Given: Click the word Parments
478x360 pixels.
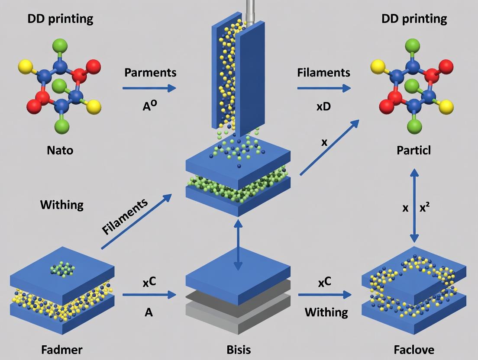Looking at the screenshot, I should click(150, 72).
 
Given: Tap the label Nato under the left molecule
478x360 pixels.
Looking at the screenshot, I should click(60, 151).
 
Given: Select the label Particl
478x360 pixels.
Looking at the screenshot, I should click(415, 151).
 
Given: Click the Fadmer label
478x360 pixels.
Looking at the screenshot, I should click(61, 349).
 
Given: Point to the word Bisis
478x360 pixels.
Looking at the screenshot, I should click(238, 349).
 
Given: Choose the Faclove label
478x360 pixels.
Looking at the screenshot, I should click(414, 349).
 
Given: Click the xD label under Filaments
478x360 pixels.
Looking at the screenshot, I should click(323, 106).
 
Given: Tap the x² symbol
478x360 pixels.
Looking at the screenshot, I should click(425, 208).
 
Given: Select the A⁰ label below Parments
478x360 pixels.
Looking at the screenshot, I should click(150, 106).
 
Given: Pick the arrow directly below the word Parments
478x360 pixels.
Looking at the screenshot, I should click(149, 88).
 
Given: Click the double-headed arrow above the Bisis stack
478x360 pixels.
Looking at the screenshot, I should click(238, 244).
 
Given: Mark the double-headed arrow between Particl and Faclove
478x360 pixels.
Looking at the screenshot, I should click(414, 206).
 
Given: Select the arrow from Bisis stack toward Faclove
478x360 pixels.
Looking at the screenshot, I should click(324, 295).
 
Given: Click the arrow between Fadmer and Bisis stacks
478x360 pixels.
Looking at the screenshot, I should click(149, 295).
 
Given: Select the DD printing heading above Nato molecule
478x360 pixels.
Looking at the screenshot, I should click(60, 19).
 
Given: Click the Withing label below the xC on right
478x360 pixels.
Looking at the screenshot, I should click(326, 312).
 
